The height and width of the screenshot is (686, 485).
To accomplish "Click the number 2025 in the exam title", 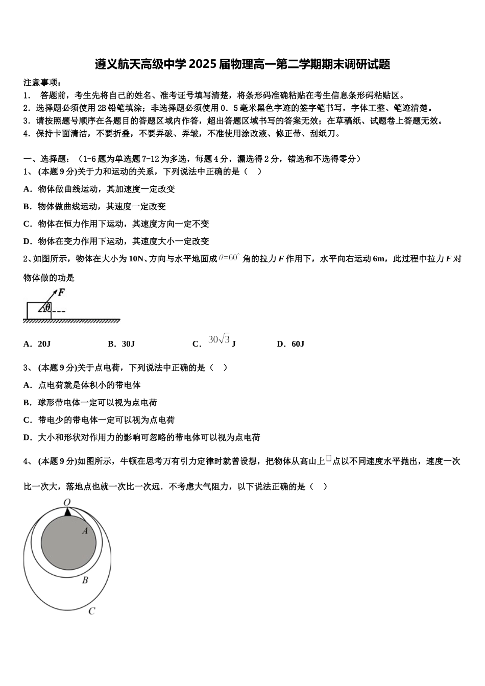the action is point(202,64).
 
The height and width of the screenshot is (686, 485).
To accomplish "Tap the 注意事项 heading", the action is point(42,83).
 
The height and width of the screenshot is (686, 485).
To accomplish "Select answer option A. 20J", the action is point(37,344).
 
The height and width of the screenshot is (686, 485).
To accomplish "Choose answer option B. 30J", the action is point(121,344).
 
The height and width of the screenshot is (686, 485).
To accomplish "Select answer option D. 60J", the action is point(290,344).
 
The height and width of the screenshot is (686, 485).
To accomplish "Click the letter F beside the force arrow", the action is point(61,292).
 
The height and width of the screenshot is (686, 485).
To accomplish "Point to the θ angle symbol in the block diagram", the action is point(47,307).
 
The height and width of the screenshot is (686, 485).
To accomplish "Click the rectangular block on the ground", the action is point(38,310).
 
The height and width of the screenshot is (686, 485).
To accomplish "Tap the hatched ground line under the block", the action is point(71,321).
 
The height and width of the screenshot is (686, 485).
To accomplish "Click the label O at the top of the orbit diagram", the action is point(67,503).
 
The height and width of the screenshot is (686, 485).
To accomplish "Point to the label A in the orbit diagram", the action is point(85,531).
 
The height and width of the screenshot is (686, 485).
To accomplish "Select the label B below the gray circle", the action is point(85,580).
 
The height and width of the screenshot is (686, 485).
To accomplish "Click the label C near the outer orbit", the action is point(92,611).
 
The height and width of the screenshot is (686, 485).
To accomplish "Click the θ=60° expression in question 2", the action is point(229,258).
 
